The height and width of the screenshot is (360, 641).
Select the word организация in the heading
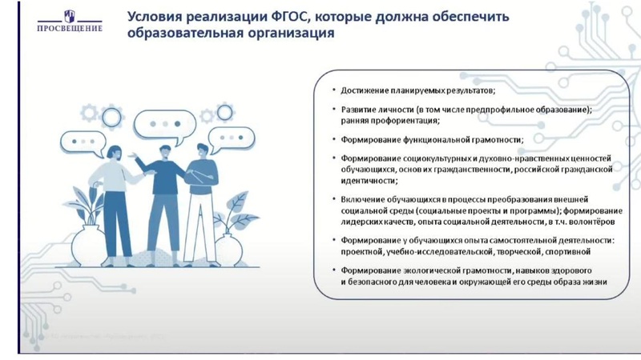(x=284, y=36)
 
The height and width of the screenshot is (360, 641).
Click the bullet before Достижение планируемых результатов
(x=334, y=90)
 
